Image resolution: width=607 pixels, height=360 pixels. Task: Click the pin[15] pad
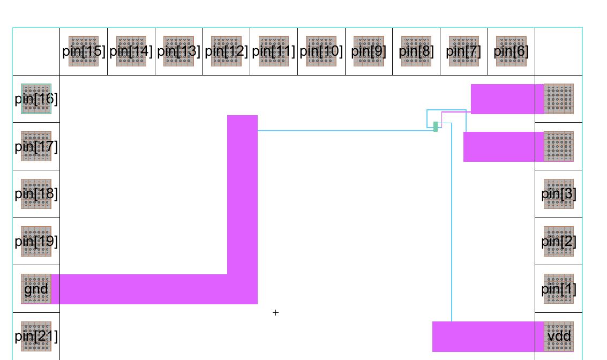(x=84, y=51)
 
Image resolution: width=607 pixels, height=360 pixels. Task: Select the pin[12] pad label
(x=226, y=51)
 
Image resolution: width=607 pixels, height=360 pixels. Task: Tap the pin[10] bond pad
(x=321, y=51)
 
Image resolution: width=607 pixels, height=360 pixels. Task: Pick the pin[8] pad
(x=416, y=51)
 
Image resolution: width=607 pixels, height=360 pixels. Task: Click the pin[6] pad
(x=511, y=51)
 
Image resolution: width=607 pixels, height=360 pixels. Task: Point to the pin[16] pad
(x=36, y=99)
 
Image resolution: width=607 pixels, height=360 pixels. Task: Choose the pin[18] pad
(x=36, y=194)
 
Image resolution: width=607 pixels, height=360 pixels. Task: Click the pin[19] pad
(x=36, y=242)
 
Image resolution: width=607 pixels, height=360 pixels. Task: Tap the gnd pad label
(x=36, y=289)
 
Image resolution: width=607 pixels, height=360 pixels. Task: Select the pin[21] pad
(x=36, y=336)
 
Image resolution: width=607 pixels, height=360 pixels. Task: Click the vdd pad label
(x=559, y=336)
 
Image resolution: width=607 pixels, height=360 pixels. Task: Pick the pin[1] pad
(x=559, y=289)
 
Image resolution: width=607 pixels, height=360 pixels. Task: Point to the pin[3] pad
(x=559, y=194)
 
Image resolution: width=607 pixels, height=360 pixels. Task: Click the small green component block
(x=436, y=126)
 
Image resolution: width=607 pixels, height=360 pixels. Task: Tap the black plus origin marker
(x=275, y=312)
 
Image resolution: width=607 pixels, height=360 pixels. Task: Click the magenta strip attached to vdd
(x=482, y=336)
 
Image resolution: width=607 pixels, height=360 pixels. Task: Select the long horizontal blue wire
(x=343, y=130)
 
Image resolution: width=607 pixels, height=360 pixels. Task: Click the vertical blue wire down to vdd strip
(x=452, y=225)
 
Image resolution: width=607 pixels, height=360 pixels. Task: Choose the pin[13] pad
(x=178, y=51)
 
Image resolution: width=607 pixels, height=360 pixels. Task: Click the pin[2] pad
(x=559, y=242)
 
